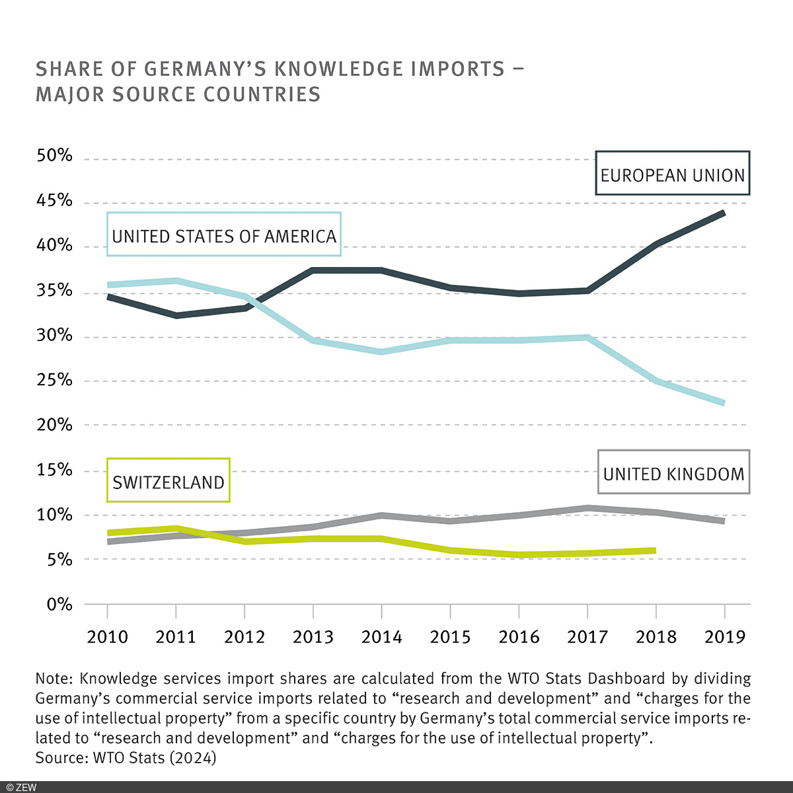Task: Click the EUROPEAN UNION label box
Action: [672, 174]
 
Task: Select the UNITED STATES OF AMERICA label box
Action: [224, 235]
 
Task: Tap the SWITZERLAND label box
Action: [169, 480]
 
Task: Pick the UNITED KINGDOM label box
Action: [673, 472]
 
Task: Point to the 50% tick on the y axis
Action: [55, 156]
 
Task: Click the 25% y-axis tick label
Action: [55, 380]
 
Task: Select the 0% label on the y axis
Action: [59, 604]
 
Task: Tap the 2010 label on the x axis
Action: [107, 637]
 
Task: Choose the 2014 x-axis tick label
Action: [381, 637]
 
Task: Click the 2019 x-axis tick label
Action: [724, 637]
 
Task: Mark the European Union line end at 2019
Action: [724, 213]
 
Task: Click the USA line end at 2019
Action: [724, 402]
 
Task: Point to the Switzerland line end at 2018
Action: [654, 550]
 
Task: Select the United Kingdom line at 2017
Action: [587, 508]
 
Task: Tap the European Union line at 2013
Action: [313, 270]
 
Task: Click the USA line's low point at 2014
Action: [381, 352]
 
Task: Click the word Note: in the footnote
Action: [54, 679]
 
